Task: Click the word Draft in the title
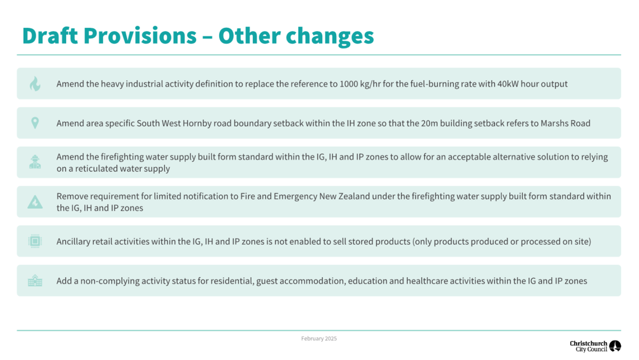(x=50, y=36)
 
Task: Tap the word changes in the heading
(x=330, y=37)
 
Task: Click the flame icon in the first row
(x=35, y=84)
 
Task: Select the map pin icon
(x=35, y=123)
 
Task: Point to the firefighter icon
(x=35, y=162)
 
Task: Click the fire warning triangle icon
(x=35, y=202)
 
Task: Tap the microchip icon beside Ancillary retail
(x=35, y=241)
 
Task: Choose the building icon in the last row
(x=35, y=281)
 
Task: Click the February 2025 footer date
(x=319, y=339)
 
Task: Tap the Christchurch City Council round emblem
(x=615, y=346)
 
